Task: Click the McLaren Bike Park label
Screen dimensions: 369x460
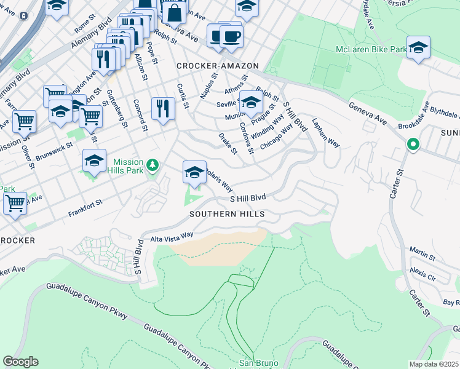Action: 371,49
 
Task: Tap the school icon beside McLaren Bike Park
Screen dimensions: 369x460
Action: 418,47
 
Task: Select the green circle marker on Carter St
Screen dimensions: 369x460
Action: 413,145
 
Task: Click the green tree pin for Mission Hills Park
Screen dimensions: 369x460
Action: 153,165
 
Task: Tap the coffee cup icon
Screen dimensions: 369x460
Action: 231,36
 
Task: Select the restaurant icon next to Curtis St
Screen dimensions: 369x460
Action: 163,108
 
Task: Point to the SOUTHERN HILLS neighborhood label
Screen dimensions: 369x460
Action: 227,214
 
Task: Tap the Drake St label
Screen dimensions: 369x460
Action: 228,142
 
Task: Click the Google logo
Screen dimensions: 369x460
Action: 20,362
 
